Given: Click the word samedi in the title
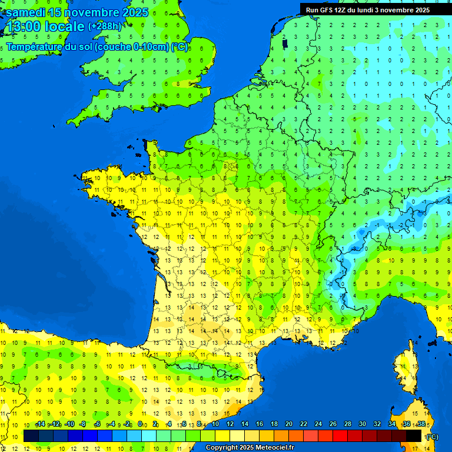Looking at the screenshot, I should coord(25,12).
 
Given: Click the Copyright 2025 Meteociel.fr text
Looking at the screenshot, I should coord(250,448).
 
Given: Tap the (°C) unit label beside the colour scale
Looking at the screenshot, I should coord(431,436).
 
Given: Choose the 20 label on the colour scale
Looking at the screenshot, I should coord(289,424).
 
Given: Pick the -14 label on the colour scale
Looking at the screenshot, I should coord(40,424).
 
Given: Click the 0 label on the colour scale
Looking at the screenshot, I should coord(140,424).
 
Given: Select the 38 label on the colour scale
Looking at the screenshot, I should coord(421,424).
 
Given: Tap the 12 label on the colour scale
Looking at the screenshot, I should coord(230,424).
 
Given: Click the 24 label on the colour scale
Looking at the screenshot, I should coord(318,424).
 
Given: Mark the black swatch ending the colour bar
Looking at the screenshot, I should coord(414,436).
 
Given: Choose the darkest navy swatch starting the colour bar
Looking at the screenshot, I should coord(31,436).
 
